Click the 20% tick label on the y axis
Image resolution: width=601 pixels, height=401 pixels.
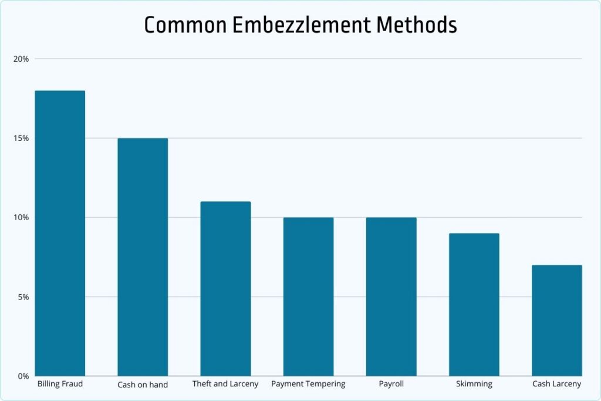[22, 59]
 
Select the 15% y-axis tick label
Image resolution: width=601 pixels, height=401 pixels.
[22, 139]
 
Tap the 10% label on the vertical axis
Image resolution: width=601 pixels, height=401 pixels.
[22, 218]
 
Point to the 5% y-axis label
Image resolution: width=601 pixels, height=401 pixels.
[23, 297]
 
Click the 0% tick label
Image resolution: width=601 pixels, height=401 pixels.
[23, 376]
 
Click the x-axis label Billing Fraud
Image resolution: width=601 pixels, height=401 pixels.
[60, 384]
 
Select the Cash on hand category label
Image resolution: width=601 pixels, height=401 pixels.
[143, 385]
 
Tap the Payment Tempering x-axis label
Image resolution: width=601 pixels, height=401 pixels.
[308, 384]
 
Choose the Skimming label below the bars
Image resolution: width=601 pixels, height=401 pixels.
[474, 385]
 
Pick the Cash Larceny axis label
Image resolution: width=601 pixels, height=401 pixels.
[556, 384]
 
